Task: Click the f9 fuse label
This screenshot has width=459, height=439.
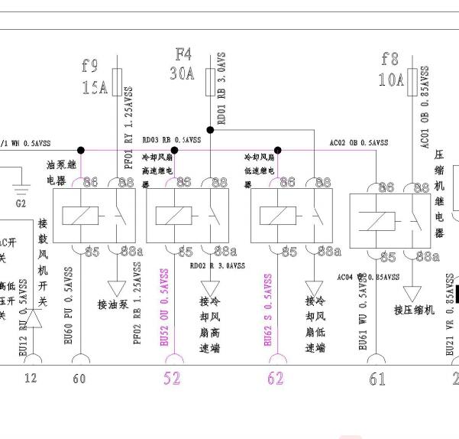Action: (92, 66)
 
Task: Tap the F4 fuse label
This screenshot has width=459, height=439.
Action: (183, 54)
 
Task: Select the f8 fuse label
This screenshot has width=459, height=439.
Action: (390, 59)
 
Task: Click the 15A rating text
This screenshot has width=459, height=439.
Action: (95, 87)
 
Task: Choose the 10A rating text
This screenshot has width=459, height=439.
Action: (390, 79)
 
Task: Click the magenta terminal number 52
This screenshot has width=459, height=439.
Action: (173, 377)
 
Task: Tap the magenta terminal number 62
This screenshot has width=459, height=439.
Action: (275, 377)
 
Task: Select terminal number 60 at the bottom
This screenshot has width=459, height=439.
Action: (79, 379)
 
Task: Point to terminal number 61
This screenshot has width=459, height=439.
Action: (377, 379)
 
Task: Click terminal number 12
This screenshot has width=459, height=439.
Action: (30, 379)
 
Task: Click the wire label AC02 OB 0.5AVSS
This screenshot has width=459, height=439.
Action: (359, 142)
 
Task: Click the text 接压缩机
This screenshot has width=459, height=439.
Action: (414, 309)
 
